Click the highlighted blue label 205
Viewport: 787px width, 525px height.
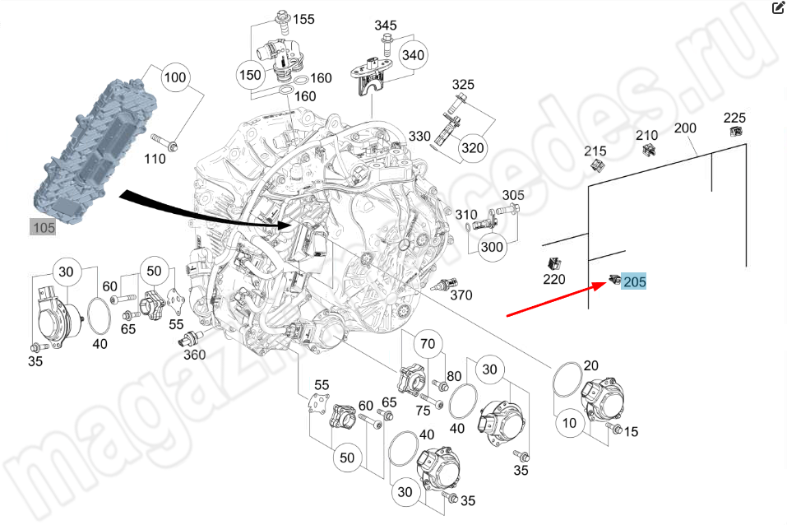[635, 282]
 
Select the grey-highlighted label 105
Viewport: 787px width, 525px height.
[44, 227]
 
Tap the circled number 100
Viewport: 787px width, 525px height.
[174, 79]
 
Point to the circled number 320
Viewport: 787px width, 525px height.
[472, 148]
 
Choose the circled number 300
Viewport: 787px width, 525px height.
[492, 247]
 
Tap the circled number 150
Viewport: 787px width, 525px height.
[250, 75]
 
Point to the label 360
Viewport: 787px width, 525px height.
[194, 355]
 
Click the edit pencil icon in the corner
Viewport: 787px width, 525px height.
[777, 8]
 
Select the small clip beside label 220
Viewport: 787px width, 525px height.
[553, 263]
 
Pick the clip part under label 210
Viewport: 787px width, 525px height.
[648, 149]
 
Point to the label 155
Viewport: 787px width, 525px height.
[304, 19]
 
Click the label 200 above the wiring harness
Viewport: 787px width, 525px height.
[685, 128]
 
